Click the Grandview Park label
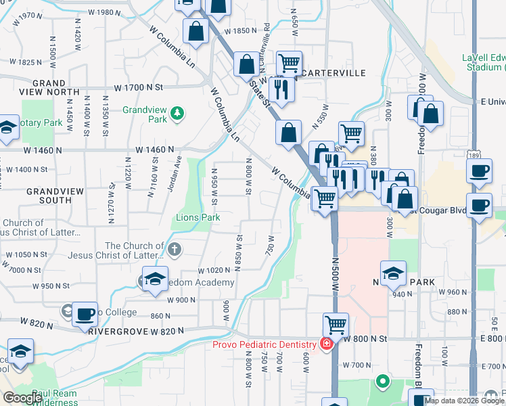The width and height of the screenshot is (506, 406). pos(144,114)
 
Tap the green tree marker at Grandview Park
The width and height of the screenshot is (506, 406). pos(177,113)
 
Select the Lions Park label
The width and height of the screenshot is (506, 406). pos(198,218)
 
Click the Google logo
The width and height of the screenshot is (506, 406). pos(22,399)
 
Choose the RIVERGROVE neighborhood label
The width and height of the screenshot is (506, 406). pos(113,332)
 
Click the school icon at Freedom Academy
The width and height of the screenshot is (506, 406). pos(154,279)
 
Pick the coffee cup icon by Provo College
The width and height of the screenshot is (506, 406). pos(85,314)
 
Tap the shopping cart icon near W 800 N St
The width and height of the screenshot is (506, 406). pos(336,324)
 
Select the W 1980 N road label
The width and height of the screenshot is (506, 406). pos(104,12)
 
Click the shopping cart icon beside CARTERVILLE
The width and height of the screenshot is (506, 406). pos(290,63)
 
